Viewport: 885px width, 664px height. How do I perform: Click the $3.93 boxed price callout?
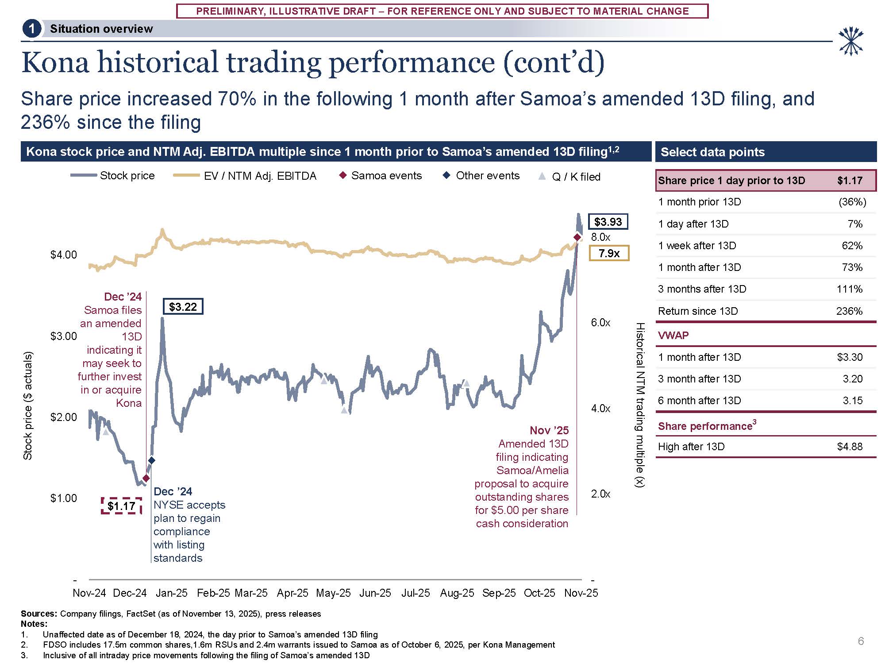pos(608,222)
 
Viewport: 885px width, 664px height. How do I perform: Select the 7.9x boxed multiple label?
pos(609,253)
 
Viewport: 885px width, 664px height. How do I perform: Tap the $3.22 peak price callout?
pos(183,307)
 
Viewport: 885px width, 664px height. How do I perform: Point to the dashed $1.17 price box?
pos(121,506)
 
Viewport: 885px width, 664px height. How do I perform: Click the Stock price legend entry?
pos(113,176)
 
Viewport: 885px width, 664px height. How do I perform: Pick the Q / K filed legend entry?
pos(569,177)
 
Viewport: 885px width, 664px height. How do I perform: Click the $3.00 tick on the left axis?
pos(64,336)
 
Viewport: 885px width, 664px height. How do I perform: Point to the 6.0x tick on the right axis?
pos(600,323)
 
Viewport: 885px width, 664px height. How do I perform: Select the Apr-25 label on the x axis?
pos(292,593)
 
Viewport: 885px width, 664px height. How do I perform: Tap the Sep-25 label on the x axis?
pos(499,593)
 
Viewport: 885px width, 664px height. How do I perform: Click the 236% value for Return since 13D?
pos(849,311)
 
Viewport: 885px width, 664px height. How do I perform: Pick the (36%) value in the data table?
pos(852,202)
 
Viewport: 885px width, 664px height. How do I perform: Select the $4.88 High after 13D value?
pos(850,447)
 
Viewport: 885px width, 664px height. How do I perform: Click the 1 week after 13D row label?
pos(697,246)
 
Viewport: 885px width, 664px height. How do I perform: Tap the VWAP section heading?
pos(673,335)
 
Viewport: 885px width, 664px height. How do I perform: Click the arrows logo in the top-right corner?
pos(850,42)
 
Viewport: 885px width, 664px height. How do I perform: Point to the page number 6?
pos(861,641)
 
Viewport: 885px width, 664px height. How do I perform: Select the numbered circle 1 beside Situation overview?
pos(31,29)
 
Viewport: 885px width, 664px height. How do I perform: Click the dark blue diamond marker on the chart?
pos(151,460)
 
